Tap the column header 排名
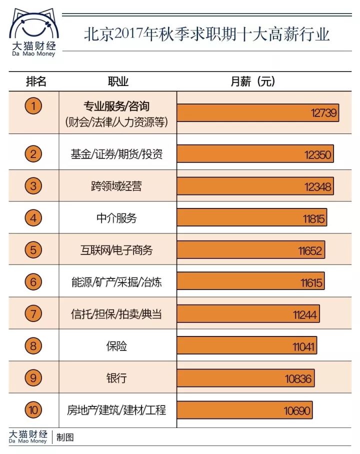[x=36, y=81]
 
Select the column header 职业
[x=118, y=81]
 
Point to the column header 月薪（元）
[x=253, y=81]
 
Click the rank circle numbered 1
[x=33, y=106]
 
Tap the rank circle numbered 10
[x=33, y=410]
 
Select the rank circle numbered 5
[x=33, y=249]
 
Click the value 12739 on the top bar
[x=324, y=113]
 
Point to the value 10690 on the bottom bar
[x=297, y=411]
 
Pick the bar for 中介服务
[x=251, y=218]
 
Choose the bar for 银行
[x=245, y=378]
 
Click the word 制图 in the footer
[x=65, y=437]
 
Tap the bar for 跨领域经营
[x=255, y=186]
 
